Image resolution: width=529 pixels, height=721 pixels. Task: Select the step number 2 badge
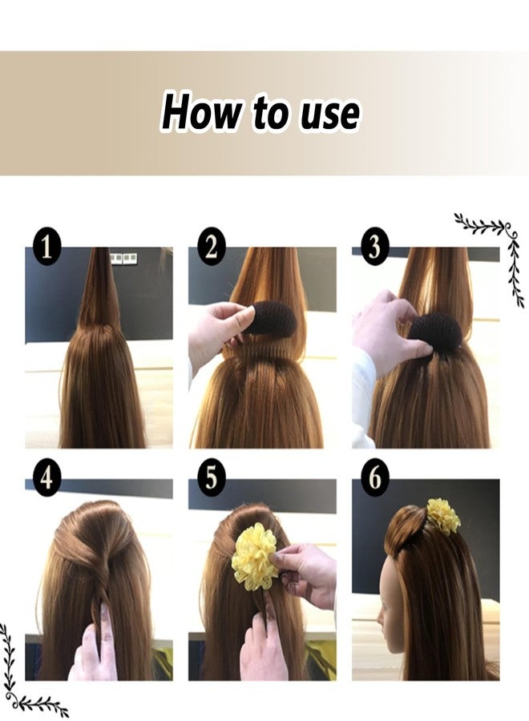click(210, 248)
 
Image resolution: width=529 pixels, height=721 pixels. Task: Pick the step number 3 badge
click(374, 248)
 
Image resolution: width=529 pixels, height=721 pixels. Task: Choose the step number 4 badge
click(47, 478)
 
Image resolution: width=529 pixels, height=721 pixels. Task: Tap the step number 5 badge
click(210, 478)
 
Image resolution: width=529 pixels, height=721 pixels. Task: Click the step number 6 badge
click(374, 478)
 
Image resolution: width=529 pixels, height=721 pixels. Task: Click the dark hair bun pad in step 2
click(269, 318)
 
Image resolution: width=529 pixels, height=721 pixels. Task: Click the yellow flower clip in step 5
click(254, 556)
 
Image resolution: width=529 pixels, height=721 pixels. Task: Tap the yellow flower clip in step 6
click(442, 515)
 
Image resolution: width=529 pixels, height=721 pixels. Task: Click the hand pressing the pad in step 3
click(383, 328)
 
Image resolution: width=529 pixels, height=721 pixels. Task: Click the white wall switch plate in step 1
click(123, 258)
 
